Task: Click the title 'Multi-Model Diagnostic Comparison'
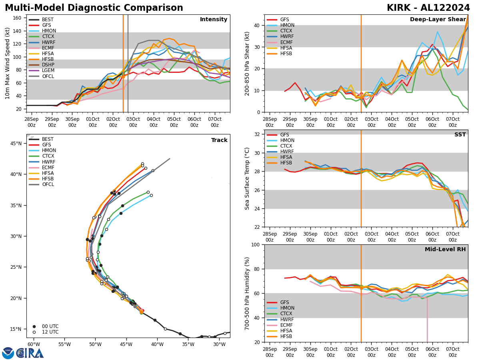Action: tap(94, 8)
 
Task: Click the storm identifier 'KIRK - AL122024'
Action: tap(428, 8)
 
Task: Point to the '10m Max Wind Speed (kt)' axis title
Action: tap(8, 63)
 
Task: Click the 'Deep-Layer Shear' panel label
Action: tap(438, 20)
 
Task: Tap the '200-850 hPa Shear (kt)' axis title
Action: tap(247, 63)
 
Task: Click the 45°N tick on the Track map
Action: tap(16, 144)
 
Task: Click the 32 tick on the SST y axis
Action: tap(258, 134)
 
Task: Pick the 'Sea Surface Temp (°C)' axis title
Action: tap(247, 178)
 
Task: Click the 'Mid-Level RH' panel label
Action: tap(445, 250)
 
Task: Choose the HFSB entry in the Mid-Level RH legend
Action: tap(286, 336)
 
